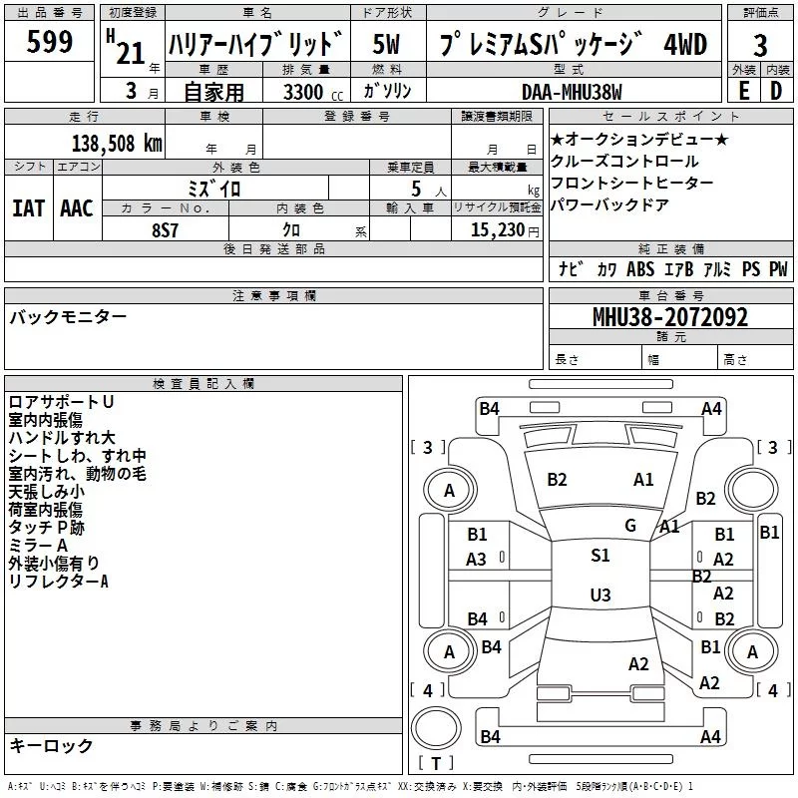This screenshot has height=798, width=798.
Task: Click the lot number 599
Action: click(x=51, y=42)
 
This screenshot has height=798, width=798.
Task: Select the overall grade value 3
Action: click(x=760, y=45)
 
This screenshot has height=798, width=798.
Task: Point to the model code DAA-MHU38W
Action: click(x=572, y=92)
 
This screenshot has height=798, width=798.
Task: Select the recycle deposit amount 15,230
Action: click(x=500, y=229)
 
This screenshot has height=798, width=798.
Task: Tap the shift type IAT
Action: click(x=28, y=207)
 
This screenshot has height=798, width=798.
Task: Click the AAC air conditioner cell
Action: click(x=77, y=207)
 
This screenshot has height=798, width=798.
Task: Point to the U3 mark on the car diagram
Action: click(x=600, y=596)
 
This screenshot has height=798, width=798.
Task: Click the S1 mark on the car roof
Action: click(x=600, y=556)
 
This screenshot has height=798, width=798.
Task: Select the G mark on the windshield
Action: click(x=630, y=526)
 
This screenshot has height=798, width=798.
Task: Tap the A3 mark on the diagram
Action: click(x=477, y=560)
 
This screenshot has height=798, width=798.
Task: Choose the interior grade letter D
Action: click(x=775, y=91)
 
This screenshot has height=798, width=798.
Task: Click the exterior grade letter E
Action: click(x=743, y=91)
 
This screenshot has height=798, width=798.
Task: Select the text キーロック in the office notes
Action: click(x=51, y=746)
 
